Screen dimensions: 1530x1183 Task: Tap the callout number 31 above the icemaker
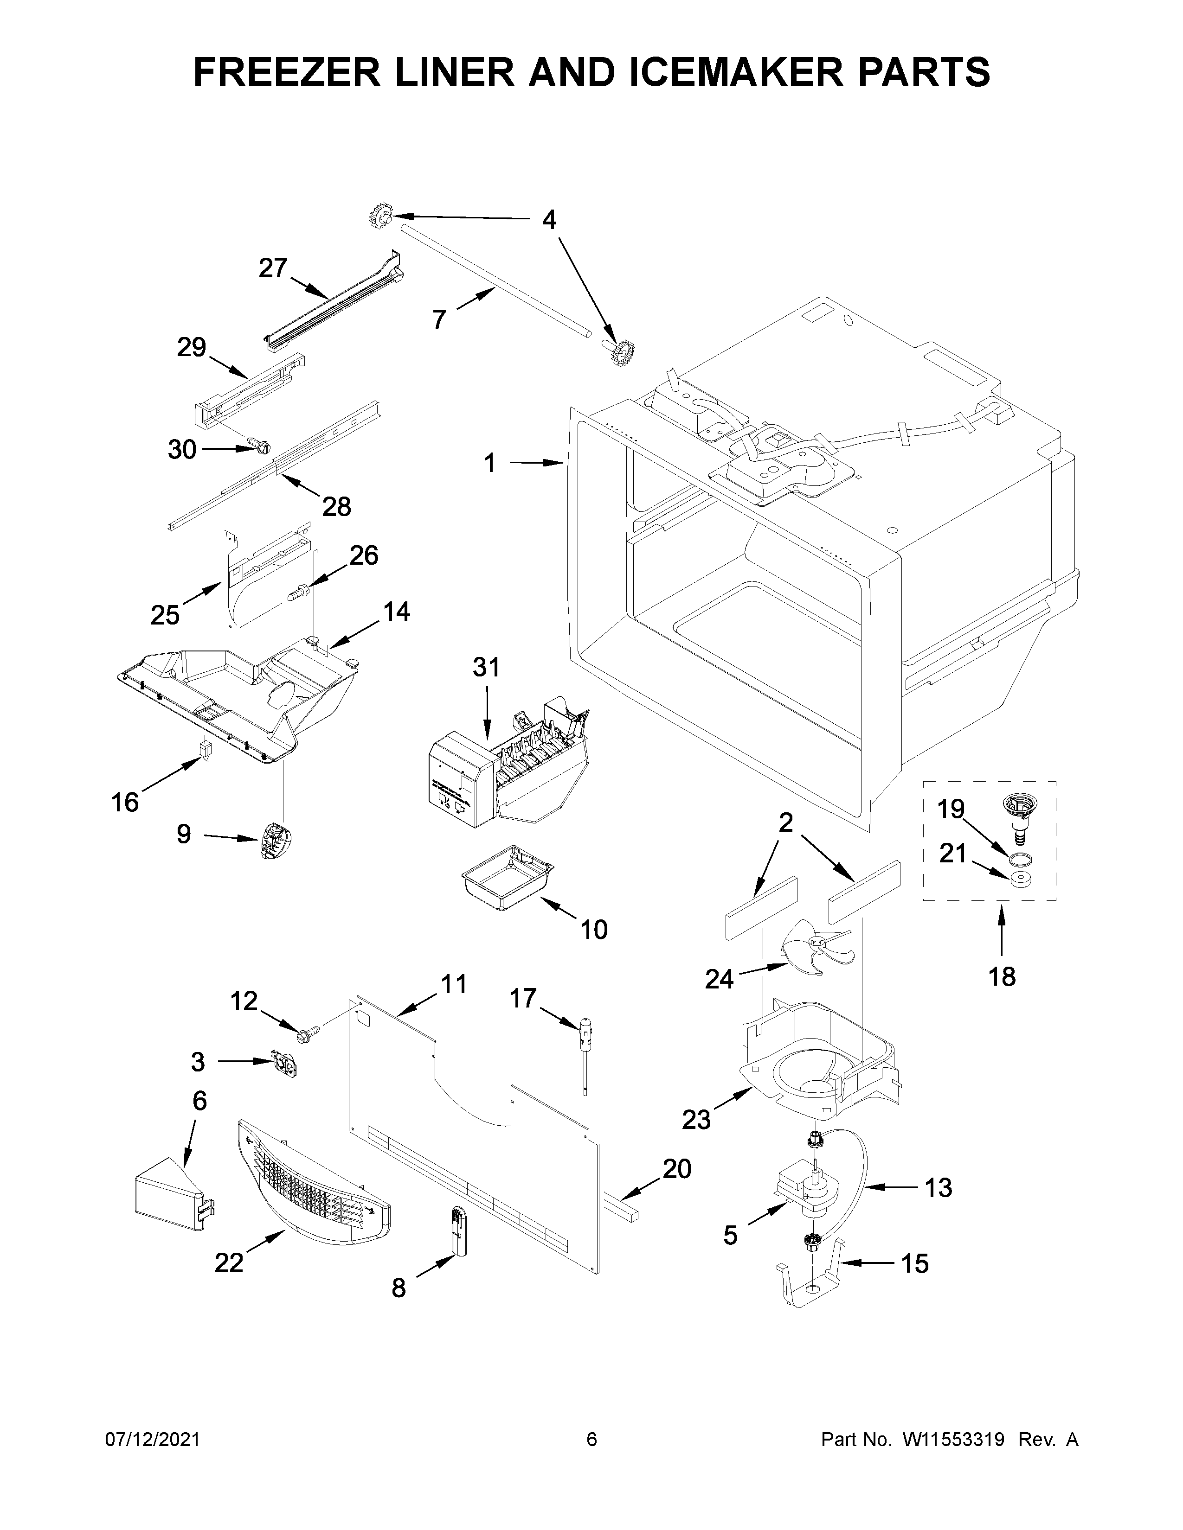[x=486, y=668]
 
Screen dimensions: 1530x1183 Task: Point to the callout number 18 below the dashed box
[x=1002, y=976]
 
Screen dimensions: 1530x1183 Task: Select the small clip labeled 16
[x=206, y=750]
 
